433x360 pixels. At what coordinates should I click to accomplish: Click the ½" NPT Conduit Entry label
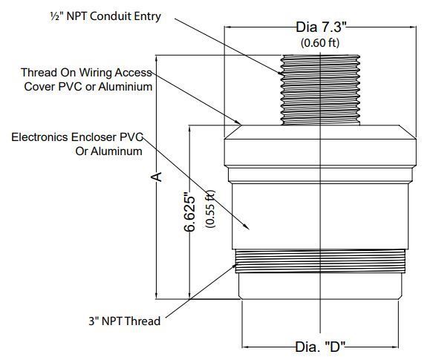(105, 16)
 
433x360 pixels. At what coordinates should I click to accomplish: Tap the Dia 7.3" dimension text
(321, 27)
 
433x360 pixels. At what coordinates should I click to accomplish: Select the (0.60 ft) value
(320, 43)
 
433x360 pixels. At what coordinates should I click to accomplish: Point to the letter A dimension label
(157, 177)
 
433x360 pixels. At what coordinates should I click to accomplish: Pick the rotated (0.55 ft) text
(210, 209)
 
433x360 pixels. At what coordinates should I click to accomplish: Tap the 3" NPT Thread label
(125, 321)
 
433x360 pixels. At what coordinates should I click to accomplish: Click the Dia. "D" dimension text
(320, 347)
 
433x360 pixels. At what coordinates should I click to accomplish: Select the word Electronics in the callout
(40, 137)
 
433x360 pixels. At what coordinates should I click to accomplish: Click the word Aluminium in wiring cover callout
(126, 87)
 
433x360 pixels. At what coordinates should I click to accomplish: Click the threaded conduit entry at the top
(320, 90)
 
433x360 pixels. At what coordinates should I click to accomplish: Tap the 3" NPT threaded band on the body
(320, 261)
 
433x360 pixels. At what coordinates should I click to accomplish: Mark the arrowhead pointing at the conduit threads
(280, 73)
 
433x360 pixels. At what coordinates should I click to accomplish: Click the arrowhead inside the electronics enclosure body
(246, 226)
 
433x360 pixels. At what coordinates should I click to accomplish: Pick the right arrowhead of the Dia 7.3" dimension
(412, 27)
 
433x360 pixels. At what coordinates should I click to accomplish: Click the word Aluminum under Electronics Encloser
(108, 151)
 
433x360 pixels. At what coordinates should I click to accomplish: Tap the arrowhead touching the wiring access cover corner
(238, 122)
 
